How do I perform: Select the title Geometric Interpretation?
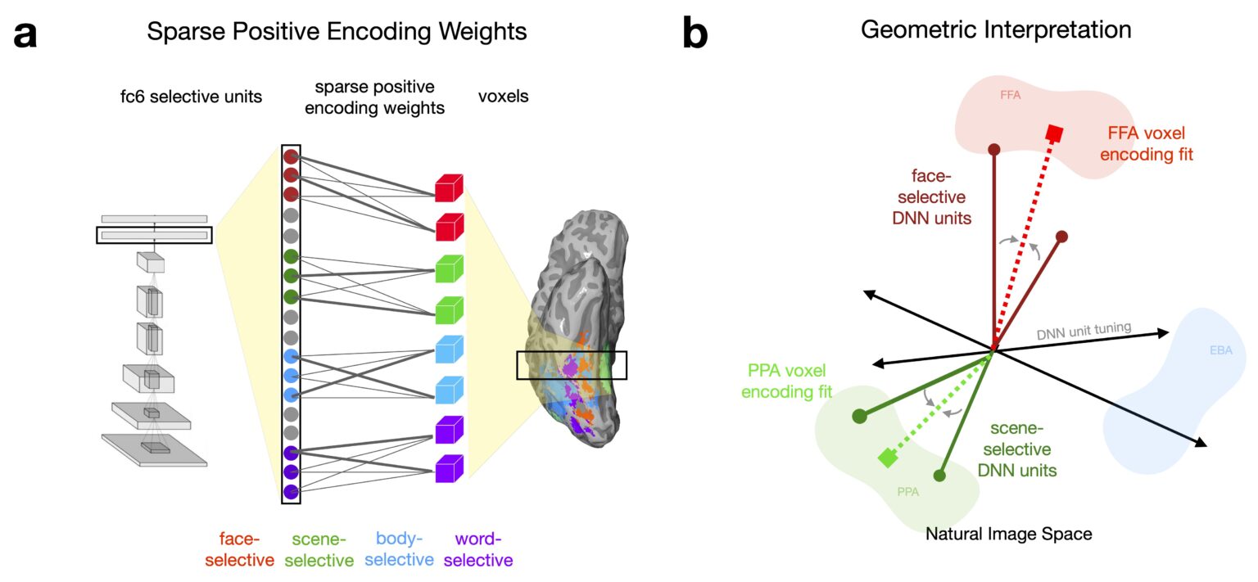[996, 30]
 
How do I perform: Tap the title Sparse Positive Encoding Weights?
[337, 32]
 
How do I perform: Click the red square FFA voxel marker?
[1055, 133]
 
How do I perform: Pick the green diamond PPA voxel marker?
[885, 458]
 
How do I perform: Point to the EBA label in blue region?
[1220, 351]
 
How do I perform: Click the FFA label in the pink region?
[1010, 95]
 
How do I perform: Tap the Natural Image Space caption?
[1009, 535]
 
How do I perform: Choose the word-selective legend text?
[484, 549]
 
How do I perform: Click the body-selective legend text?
[404, 549]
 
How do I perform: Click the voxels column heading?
[503, 97]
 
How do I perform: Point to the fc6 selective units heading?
[190, 97]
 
